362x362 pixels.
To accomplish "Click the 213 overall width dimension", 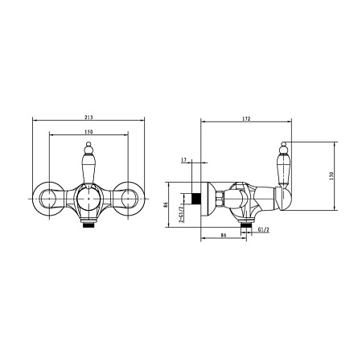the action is coord(88,117).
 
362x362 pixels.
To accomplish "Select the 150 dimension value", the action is coord(88,132).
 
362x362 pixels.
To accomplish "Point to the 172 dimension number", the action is coord(246,118).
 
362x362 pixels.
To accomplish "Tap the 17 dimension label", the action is coord(183,160).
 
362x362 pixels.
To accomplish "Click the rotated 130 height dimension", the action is coord(331,176).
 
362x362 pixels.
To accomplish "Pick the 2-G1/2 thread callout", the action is coord(181,215).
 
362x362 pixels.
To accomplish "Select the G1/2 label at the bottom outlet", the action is coord(264,229).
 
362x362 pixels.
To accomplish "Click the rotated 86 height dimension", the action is coord(166,204).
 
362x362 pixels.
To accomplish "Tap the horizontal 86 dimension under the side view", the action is coord(224,235).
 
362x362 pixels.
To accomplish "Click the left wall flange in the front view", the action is coord(49,199).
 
